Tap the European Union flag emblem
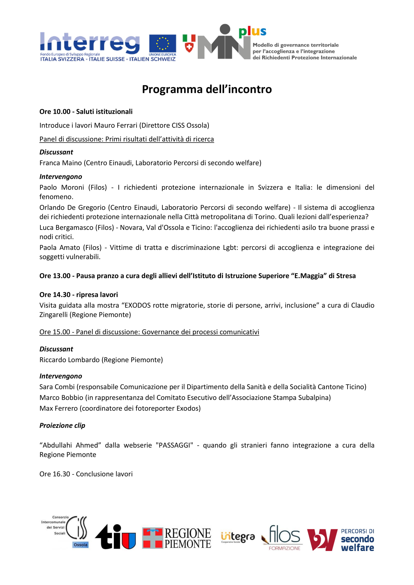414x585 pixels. (162, 44)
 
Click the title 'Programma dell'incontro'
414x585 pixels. (207, 89)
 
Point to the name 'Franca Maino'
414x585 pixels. (60, 163)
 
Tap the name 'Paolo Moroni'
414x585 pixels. (61, 187)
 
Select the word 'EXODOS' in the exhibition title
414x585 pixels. (138, 305)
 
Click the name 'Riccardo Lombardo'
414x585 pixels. (69, 360)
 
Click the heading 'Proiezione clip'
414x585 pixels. (62, 425)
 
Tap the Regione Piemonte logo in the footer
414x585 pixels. (176, 538)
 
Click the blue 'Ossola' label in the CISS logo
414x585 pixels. (80, 544)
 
